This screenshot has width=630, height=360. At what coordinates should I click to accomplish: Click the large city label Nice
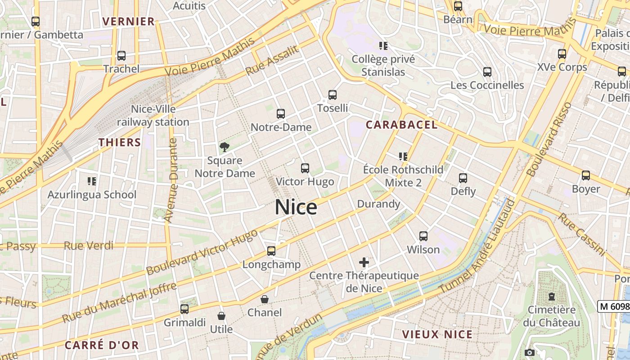[296, 207]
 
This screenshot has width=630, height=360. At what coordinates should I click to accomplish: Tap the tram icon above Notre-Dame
[281, 114]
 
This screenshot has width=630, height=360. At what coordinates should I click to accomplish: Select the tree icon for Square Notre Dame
[224, 147]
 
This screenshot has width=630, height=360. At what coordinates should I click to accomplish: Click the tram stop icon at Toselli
[333, 95]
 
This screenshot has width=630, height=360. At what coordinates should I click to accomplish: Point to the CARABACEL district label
[401, 125]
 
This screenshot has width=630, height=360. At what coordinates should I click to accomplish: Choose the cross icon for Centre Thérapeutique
[364, 262]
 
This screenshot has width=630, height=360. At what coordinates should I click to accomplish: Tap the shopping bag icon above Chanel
[265, 299]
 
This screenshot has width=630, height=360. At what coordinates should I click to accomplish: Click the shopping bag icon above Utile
[221, 316]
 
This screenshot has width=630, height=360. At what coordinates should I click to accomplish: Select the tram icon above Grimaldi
[184, 309]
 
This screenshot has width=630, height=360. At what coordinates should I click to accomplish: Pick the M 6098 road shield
[614, 306]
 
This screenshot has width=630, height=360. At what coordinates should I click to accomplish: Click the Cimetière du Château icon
[551, 297]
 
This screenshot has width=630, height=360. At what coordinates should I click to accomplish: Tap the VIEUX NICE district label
[437, 334]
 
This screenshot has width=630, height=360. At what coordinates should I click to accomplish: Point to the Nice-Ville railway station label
[153, 116]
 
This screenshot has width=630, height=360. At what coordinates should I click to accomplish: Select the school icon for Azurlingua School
[92, 181]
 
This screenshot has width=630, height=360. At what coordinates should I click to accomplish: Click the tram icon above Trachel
[121, 56]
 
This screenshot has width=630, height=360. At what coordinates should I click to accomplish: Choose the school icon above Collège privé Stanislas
[383, 45]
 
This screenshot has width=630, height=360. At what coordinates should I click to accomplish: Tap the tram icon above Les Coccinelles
[487, 72]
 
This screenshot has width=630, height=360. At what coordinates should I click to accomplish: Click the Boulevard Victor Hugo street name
[202, 252]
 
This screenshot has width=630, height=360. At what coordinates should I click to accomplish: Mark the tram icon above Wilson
[423, 236]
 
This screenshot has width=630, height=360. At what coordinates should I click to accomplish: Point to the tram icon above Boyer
[585, 175]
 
